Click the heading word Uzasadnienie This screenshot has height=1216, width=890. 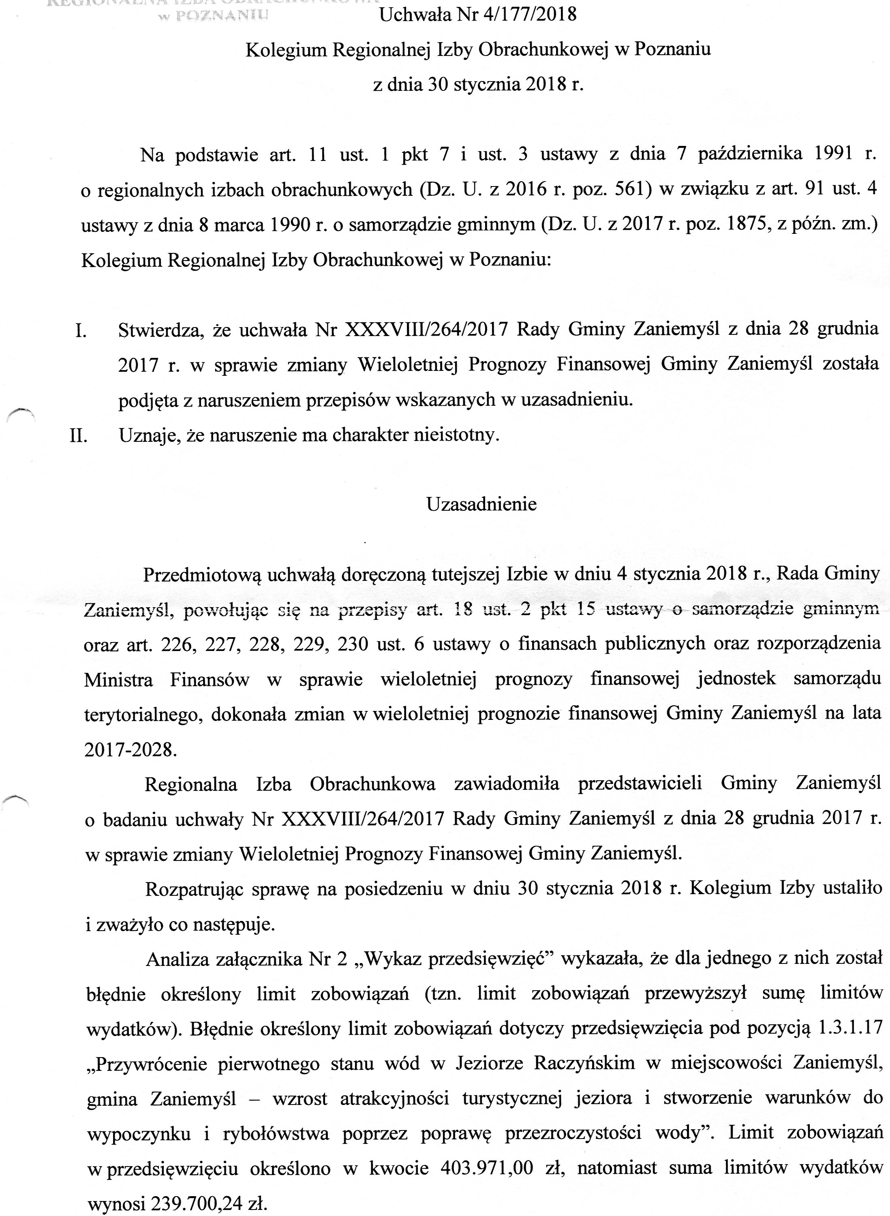[481, 504]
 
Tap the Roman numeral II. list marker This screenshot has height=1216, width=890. [79, 435]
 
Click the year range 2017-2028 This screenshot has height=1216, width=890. [131, 749]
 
